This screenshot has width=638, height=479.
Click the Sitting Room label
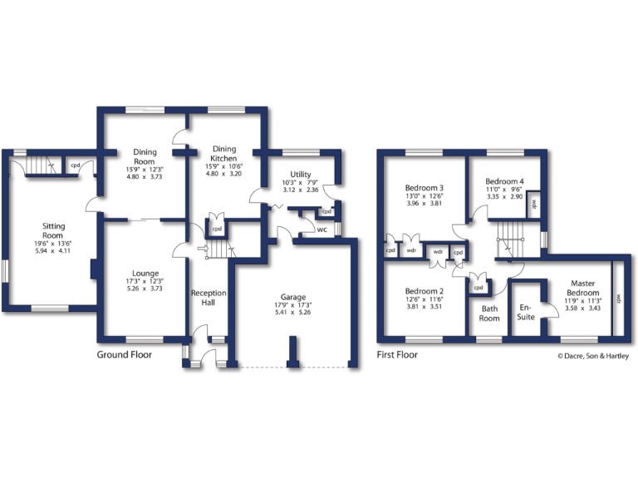point(54,230)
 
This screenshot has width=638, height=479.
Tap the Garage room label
point(292,297)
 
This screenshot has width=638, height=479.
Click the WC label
point(321,230)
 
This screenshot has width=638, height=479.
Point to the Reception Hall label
point(209,298)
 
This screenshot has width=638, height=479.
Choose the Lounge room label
point(145,272)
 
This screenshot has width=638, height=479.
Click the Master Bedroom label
point(582,289)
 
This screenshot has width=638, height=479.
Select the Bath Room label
point(489,313)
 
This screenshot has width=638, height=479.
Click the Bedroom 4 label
point(504,181)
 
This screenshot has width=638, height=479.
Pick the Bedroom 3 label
point(424,188)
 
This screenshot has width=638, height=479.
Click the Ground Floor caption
point(125,354)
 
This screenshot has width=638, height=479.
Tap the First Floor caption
point(397,354)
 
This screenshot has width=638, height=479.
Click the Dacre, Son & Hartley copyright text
point(592,357)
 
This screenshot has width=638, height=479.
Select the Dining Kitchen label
point(223,153)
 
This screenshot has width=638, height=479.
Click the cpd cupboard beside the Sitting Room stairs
point(75,165)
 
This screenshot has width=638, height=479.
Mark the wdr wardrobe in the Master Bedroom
point(618,298)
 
